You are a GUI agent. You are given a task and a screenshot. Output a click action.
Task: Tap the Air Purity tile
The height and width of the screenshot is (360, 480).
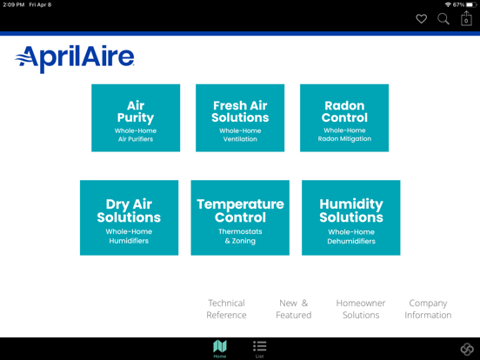pyautogui.click(x=136, y=118)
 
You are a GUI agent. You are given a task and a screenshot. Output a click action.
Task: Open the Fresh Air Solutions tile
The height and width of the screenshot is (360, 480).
pyautogui.click(x=240, y=118)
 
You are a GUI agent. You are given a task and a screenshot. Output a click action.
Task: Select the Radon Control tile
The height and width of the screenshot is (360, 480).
pyautogui.click(x=344, y=118)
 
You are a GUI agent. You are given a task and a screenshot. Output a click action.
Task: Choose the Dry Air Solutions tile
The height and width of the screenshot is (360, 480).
pyautogui.click(x=129, y=217)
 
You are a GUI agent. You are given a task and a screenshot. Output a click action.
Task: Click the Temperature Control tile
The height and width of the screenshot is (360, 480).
pyautogui.click(x=240, y=217)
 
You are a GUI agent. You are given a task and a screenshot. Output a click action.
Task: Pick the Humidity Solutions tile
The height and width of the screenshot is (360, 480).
pyautogui.click(x=350, y=217)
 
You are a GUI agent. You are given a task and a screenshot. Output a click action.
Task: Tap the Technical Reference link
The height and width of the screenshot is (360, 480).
pyautogui.click(x=226, y=309)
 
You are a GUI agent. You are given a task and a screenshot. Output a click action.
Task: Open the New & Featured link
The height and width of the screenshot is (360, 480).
pyautogui.click(x=293, y=309)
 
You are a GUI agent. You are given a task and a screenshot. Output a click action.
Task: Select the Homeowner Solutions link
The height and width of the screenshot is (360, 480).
pyautogui.click(x=361, y=309)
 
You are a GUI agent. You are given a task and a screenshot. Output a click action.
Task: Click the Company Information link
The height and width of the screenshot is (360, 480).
pyautogui.click(x=428, y=309)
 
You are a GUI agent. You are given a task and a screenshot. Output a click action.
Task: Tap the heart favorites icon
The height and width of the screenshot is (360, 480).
pyautogui.click(x=421, y=19)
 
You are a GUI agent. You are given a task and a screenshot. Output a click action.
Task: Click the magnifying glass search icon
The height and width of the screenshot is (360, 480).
pyautogui.click(x=443, y=19)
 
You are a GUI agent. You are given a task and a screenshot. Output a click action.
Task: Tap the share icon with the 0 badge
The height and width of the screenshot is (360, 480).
pyautogui.click(x=466, y=19)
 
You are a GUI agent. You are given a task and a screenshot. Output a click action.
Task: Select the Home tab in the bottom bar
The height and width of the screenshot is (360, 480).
pyautogui.click(x=220, y=349)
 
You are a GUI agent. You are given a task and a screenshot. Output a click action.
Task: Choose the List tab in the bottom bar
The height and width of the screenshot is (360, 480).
pyautogui.click(x=259, y=349)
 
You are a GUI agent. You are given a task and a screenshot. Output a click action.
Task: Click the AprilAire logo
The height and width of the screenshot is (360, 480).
pyautogui.click(x=75, y=58)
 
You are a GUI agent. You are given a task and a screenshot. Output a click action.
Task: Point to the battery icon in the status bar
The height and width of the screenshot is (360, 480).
pyautogui.click(x=471, y=5)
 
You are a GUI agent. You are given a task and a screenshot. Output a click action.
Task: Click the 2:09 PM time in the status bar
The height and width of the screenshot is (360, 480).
pyautogui.click(x=13, y=5)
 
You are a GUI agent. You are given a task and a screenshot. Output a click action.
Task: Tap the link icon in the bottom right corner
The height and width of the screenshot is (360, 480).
pyautogui.click(x=467, y=349)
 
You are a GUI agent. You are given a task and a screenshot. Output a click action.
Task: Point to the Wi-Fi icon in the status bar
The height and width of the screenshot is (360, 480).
pyautogui.click(x=447, y=5)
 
